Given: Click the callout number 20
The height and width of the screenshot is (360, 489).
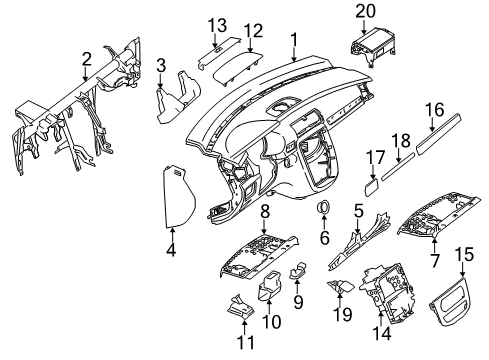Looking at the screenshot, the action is [365, 11].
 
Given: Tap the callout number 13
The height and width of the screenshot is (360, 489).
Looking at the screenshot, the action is [217, 25].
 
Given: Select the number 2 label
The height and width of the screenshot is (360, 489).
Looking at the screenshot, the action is [86, 59].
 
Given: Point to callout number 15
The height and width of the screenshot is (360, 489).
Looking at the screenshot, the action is [464, 254].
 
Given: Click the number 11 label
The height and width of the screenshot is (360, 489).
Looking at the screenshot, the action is [246, 342].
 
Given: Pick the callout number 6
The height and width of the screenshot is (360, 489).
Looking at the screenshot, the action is [324, 238].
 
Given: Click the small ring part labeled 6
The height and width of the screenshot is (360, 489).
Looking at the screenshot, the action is [323, 207].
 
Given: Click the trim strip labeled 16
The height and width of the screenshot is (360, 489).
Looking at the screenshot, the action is [439, 134].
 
